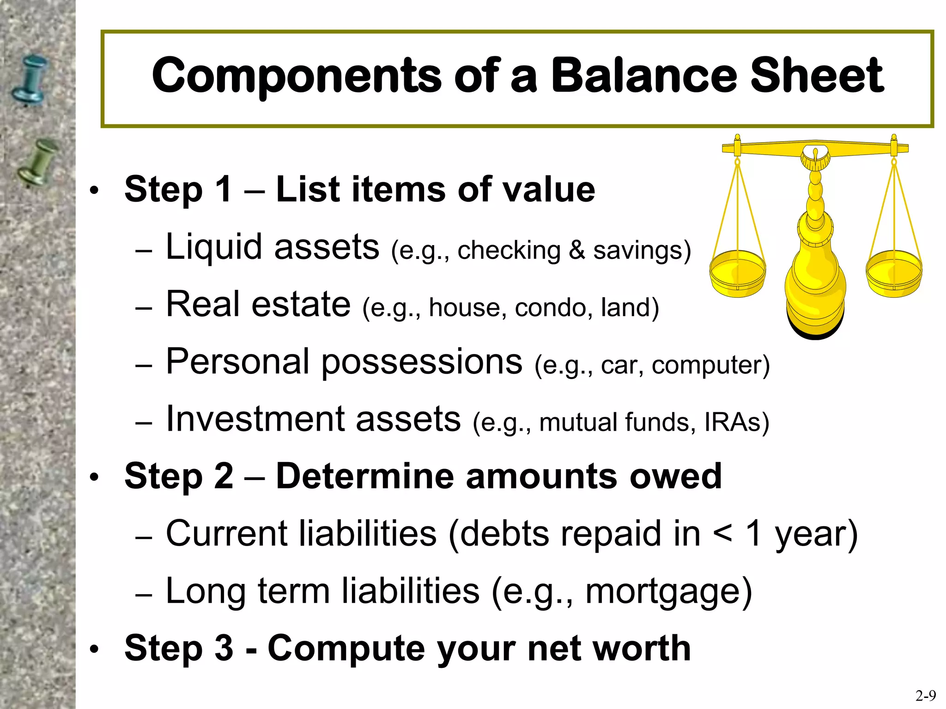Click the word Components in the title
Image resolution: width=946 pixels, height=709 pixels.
coord(296,76)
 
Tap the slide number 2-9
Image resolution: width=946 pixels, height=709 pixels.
coord(925,695)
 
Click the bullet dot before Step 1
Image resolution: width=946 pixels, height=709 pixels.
coord(94,191)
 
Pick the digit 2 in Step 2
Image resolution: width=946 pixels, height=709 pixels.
coord(224,476)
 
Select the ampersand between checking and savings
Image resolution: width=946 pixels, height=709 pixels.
coord(576,251)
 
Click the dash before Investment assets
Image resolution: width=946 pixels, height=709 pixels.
coord(144,423)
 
